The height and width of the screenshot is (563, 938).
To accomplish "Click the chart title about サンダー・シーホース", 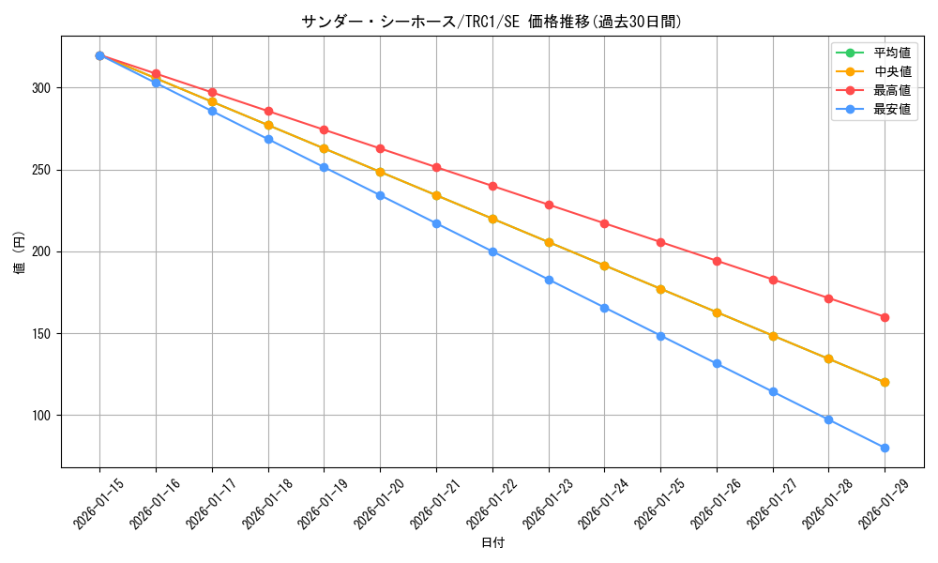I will point(492,22).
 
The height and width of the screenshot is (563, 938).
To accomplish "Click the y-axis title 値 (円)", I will point(20,251).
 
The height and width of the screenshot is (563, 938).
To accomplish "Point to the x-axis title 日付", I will point(492,543).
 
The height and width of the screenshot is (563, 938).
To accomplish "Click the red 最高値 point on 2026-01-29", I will point(885,317).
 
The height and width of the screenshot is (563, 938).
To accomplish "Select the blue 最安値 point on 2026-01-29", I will point(885,448).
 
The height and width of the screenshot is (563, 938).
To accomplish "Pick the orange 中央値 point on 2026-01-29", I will point(885,382).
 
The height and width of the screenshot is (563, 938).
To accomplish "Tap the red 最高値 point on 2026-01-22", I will point(492,186).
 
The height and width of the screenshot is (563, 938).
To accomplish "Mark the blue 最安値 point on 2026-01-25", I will point(660,336).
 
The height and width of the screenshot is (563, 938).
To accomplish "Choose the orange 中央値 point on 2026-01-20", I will point(380,172).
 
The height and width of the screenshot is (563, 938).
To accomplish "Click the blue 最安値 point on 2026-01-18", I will point(268,139).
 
